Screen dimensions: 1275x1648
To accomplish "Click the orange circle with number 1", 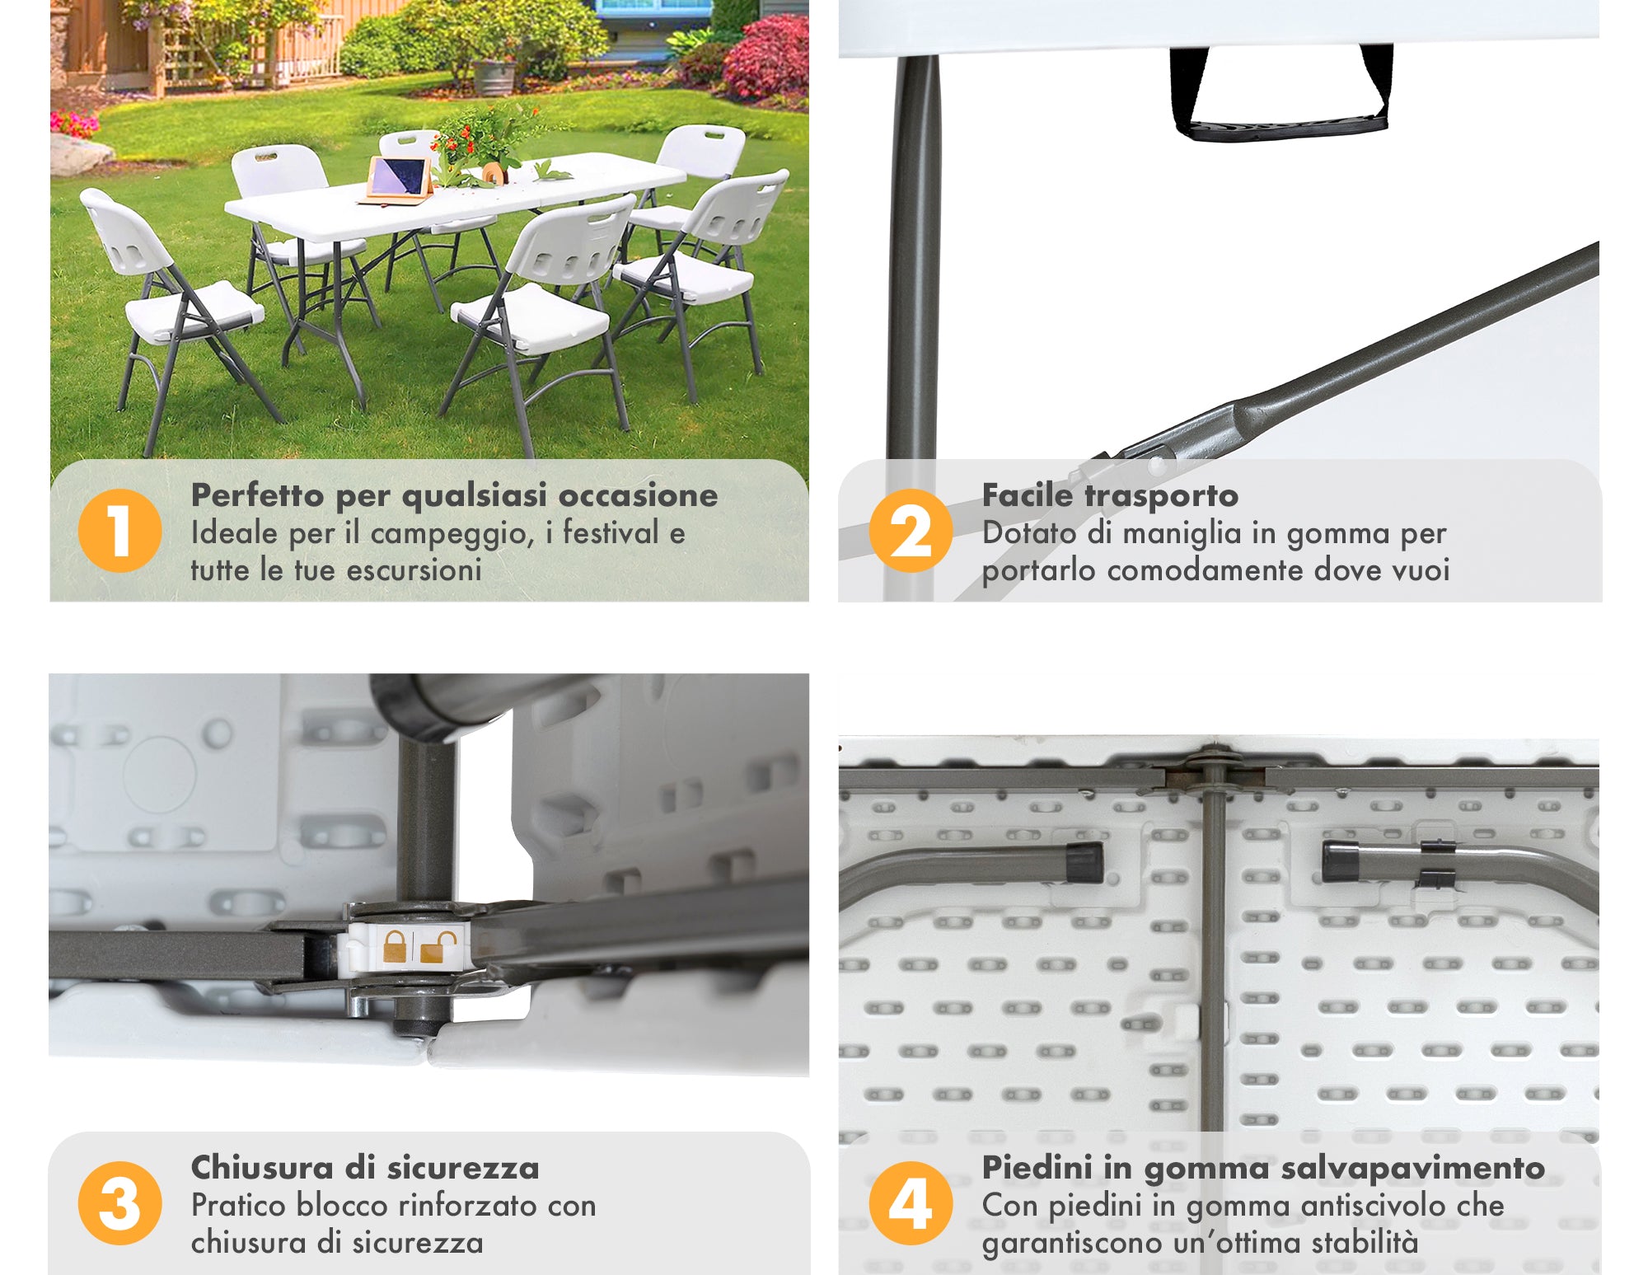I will coord(119,530).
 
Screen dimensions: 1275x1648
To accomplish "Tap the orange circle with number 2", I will coord(911,530).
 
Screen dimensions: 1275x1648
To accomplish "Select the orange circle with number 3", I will coord(119,1202).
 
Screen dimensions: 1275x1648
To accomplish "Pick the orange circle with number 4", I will coord(911,1202).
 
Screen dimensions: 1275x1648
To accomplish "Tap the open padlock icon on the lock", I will coord(438,948).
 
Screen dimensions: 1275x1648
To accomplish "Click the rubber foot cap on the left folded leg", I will coord(1084,862).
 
